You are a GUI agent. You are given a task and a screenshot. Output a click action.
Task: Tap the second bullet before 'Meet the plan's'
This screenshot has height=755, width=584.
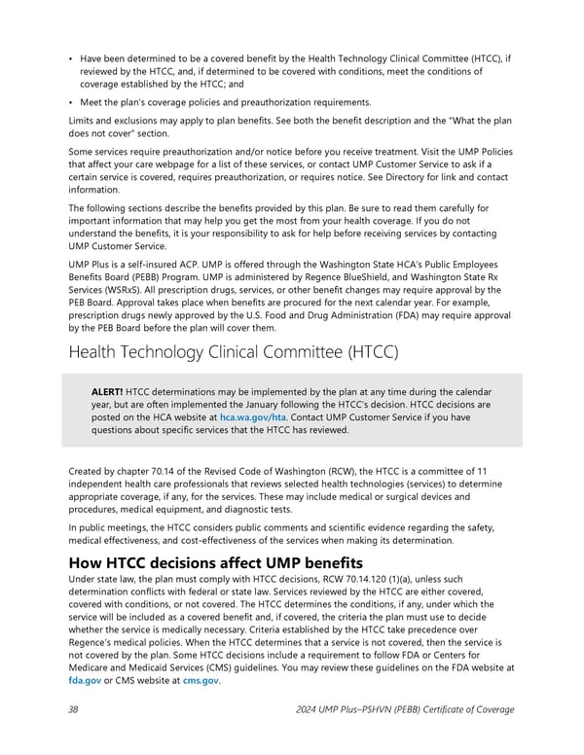click(x=72, y=103)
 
